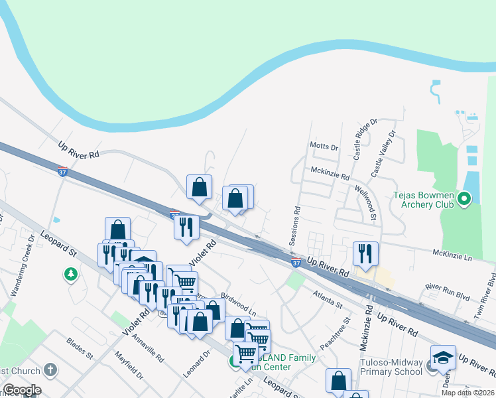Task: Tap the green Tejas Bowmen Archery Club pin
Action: coord(464,198)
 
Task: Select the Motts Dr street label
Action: coord(324,147)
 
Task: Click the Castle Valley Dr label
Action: coord(383,153)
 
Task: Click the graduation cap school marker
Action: coord(443,356)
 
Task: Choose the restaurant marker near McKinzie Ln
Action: coord(365,253)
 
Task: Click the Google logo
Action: coord(21,390)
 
